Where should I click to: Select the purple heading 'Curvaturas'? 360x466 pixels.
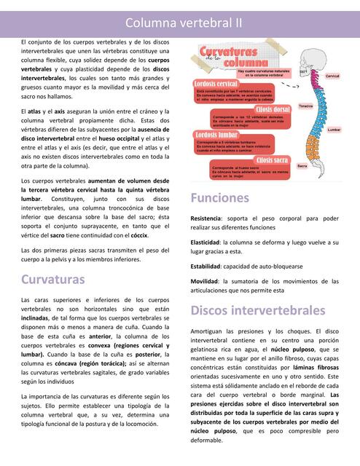53,279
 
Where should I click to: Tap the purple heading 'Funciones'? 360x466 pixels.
220,197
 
